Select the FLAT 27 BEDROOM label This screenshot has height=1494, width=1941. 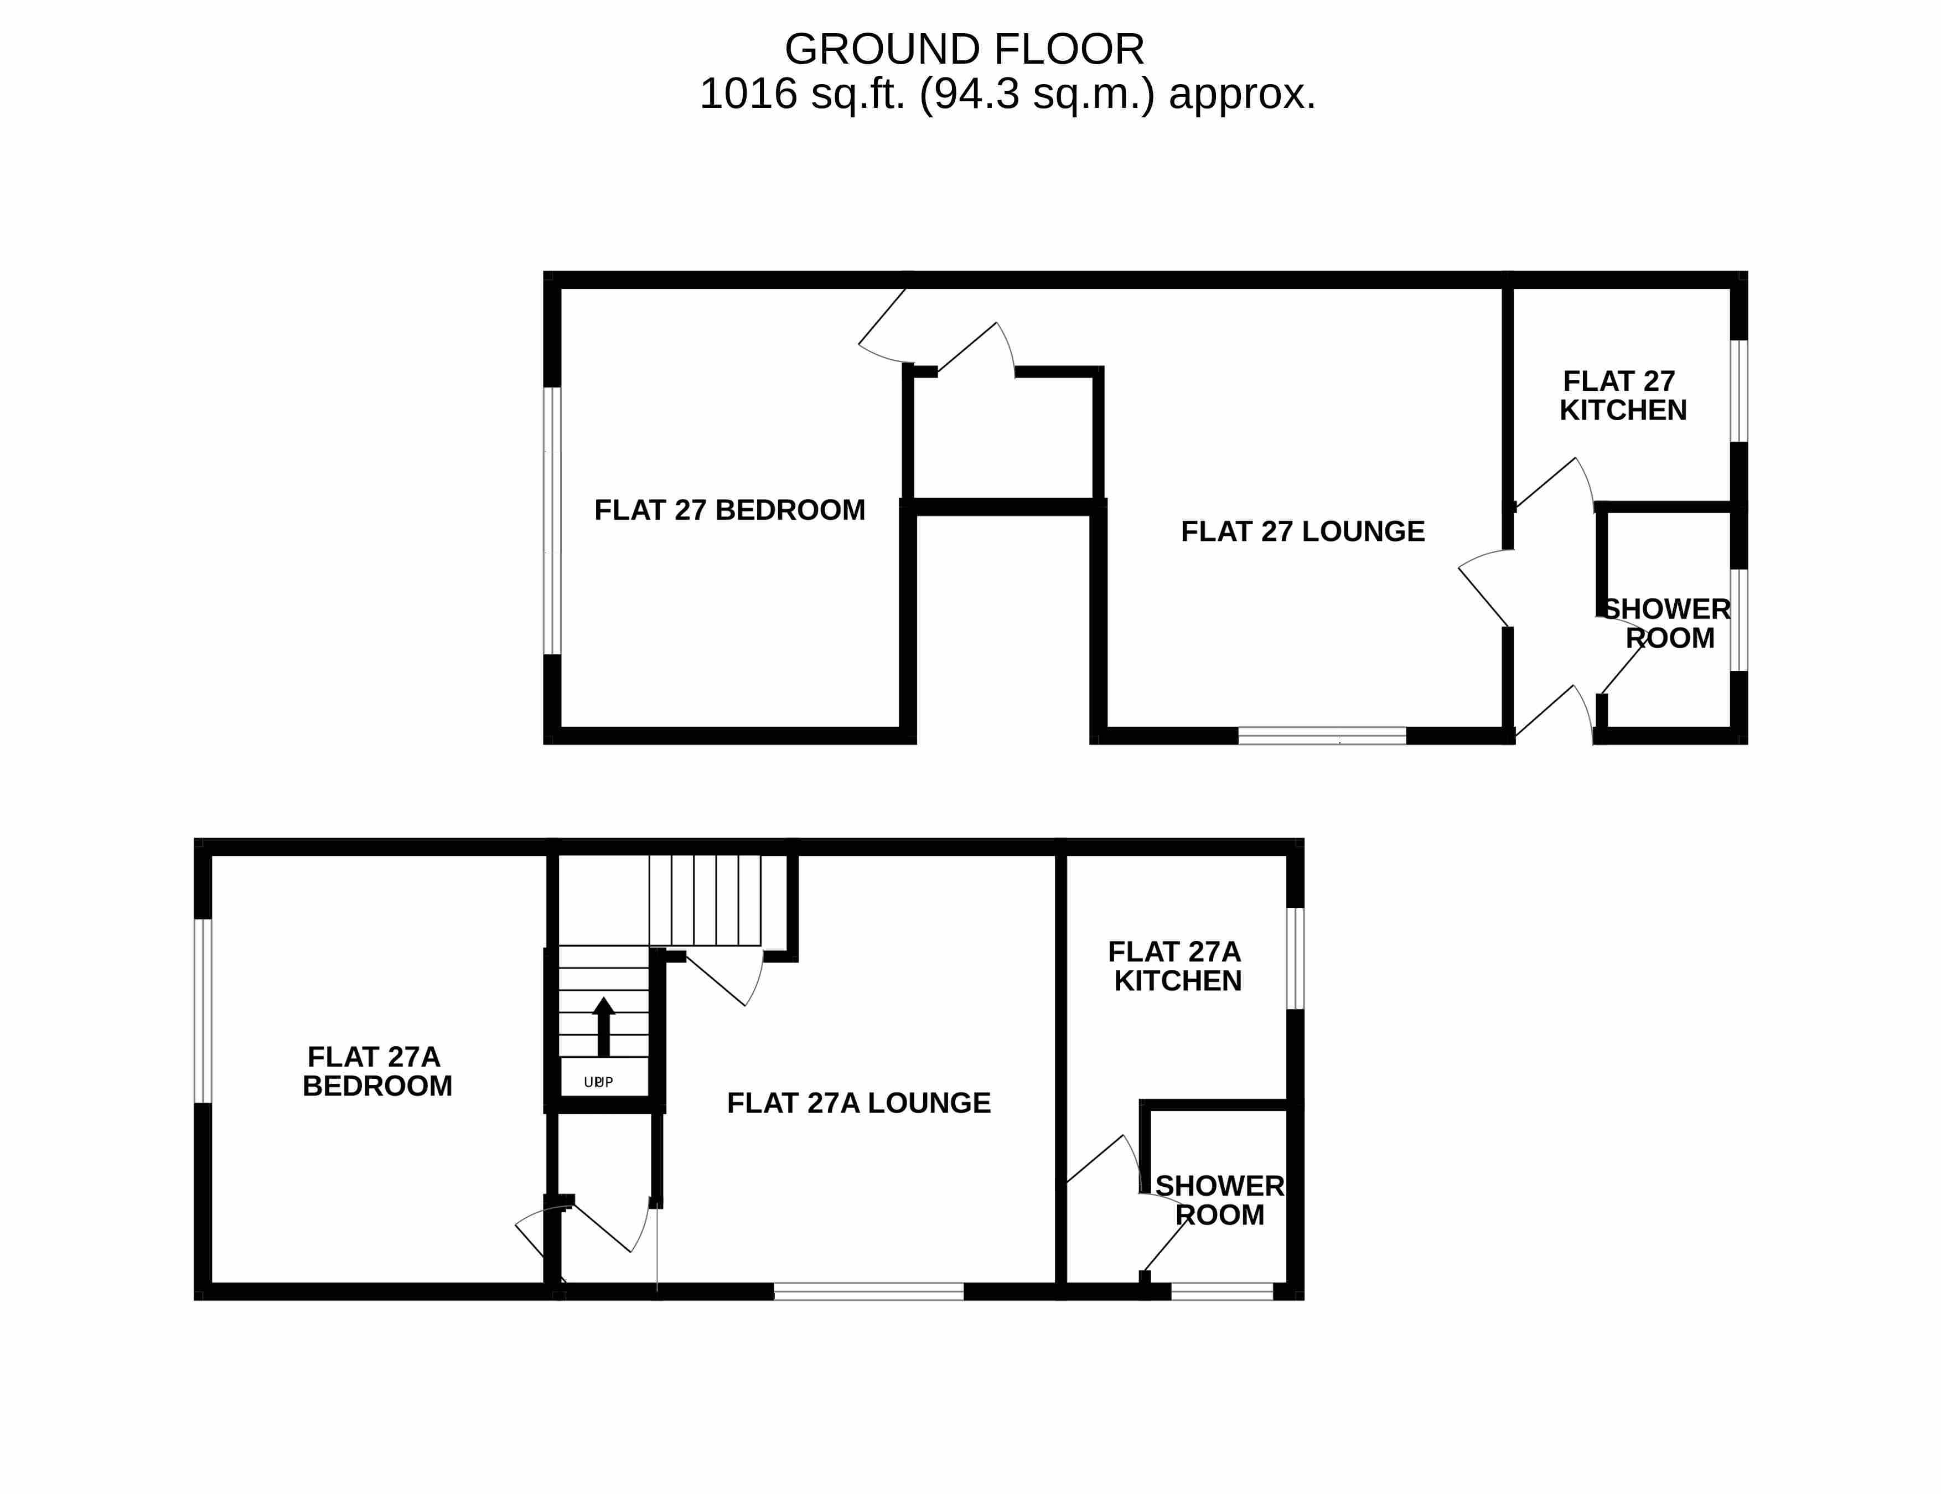[x=729, y=510]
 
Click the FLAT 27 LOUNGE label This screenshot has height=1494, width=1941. [x=1303, y=531]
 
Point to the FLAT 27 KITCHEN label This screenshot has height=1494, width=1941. [x=1623, y=395]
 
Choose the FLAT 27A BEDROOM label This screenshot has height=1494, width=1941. [x=377, y=1071]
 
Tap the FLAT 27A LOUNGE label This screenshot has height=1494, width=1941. [x=858, y=1103]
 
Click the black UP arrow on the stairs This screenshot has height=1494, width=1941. [x=603, y=1026]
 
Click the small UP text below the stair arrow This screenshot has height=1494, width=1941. [x=598, y=1082]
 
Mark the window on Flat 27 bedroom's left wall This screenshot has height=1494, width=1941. [x=552, y=521]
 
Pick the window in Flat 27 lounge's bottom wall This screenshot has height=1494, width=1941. [x=1322, y=736]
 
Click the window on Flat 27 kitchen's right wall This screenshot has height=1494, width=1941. [x=1739, y=391]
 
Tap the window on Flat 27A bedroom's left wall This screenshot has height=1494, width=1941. [x=203, y=1011]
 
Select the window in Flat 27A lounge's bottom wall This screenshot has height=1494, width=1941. [x=868, y=1291]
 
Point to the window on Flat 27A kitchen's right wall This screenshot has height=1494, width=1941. [x=1296, y=958]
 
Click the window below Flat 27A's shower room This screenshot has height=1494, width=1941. [x=1222, y=1291]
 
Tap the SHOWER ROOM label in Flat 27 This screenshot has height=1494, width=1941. [x=1667, y=624]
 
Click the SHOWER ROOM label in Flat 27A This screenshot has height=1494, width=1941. [x=1219, y=1201]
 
